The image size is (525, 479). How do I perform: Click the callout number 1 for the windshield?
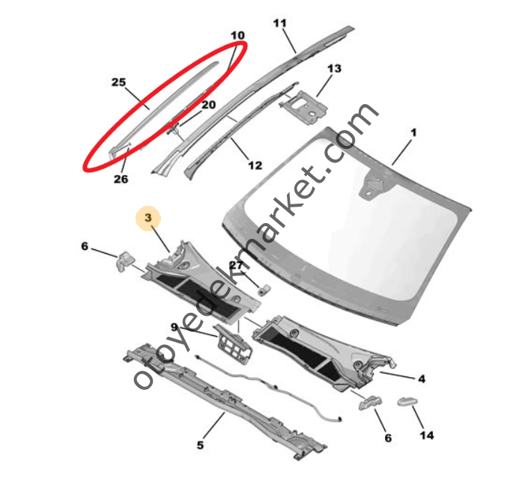[x=414, y=132]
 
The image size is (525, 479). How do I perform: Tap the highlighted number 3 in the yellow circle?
[x=148, y=218]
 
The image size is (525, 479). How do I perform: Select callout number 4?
[x=422, y=379]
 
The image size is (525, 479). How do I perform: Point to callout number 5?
[x=200, y=445]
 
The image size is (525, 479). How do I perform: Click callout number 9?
[x=174, y=327]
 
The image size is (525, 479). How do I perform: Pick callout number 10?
[x=237, y=35]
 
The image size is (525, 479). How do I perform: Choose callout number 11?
[x=280, y=23]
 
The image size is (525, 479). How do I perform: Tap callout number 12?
[x=255, y=165]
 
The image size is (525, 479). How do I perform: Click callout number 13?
[x=334, y=69]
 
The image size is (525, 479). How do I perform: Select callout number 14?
[x=427, y=436]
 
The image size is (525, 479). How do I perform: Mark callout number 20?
[x=208, y=105]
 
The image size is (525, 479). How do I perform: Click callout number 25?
[x=118, y=82]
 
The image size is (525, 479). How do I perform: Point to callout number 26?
[x=121, y=180]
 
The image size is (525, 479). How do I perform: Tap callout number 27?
[x=236, y=266]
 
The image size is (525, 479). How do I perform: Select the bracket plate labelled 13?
[x=303, y=107]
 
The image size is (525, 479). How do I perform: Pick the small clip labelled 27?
[x=264, y=290]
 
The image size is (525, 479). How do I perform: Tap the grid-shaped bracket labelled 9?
[x=233, y=344]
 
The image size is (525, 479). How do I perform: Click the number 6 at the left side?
[x=85, y=246]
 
